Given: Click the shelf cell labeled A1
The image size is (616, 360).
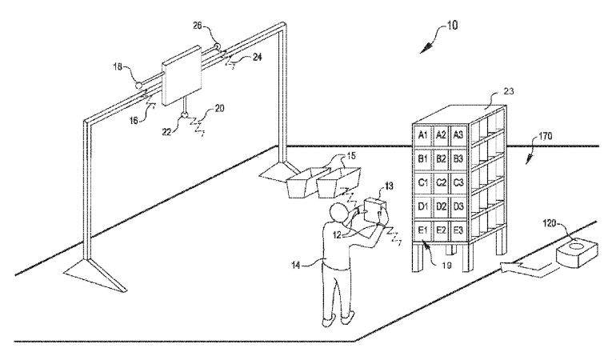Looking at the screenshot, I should tap(422, 135).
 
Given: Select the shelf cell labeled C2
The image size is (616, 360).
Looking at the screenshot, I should tap(441, 182).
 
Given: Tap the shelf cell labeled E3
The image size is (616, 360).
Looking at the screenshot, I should tap(458, 230).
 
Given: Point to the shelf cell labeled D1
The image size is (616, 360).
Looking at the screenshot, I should tap(422, 206).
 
